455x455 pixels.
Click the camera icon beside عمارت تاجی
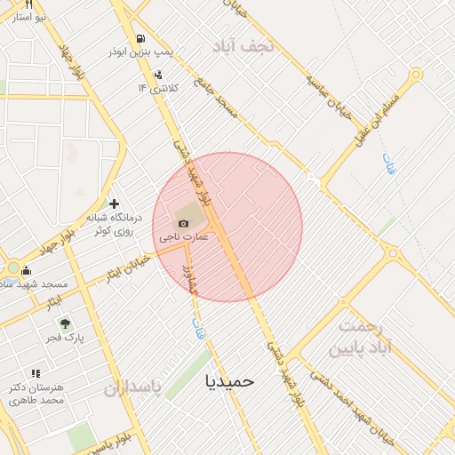tap(184, 223)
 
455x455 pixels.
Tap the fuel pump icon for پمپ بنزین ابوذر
tap(140, 38)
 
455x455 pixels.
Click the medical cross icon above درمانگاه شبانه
tap(114, 204)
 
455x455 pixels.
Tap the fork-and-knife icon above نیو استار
tap(28, 4)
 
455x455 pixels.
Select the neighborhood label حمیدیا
tap(229, 380)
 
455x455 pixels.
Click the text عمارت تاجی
tap(184, 238)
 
